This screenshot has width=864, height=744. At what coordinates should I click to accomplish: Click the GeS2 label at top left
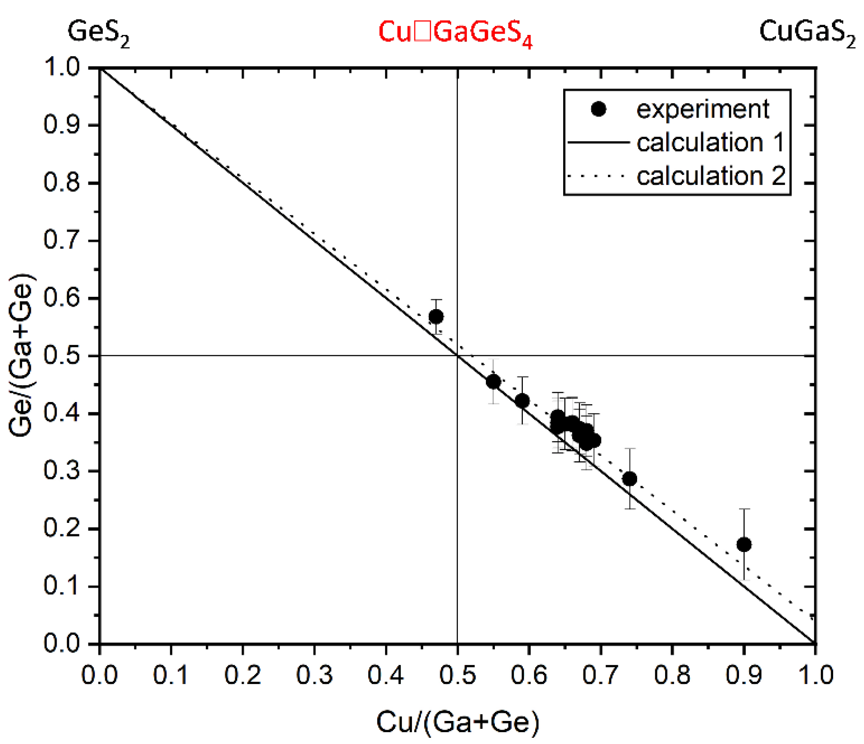coord(98,33)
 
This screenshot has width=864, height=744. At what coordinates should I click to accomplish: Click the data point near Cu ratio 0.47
coord(436,317)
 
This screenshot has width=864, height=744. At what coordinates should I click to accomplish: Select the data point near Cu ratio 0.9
coord(744,544)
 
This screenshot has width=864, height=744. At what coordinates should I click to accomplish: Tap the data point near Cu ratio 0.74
coord(630,479)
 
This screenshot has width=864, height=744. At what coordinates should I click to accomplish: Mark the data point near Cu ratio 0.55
coord(493,381)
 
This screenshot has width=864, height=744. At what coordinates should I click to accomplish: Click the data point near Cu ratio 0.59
coord(522,401)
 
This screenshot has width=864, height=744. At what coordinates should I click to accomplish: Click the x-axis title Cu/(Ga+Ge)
coord(458,722)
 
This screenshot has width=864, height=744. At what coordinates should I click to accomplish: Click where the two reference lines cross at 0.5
coord(457,356)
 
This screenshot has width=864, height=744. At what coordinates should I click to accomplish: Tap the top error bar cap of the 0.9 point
coord(744,509)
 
